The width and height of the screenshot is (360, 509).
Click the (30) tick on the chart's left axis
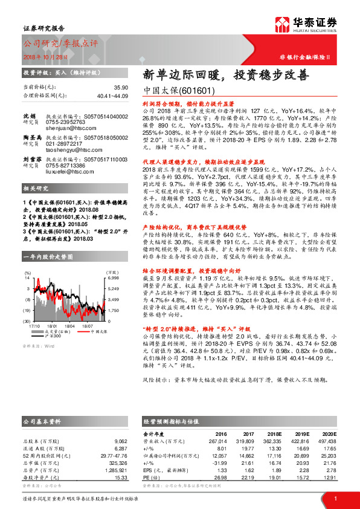(27, 320)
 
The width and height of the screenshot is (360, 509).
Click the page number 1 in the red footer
(335, 498)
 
